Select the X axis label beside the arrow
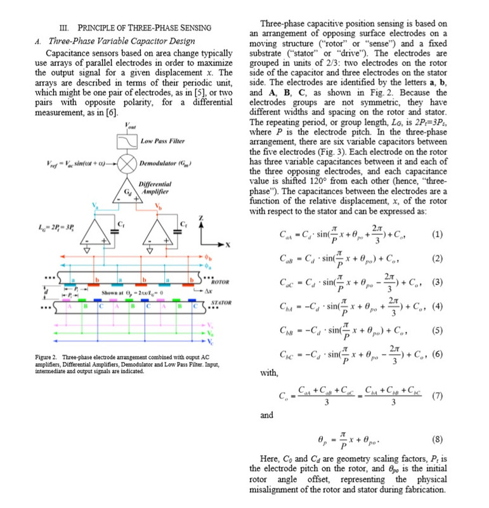(220, 244)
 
